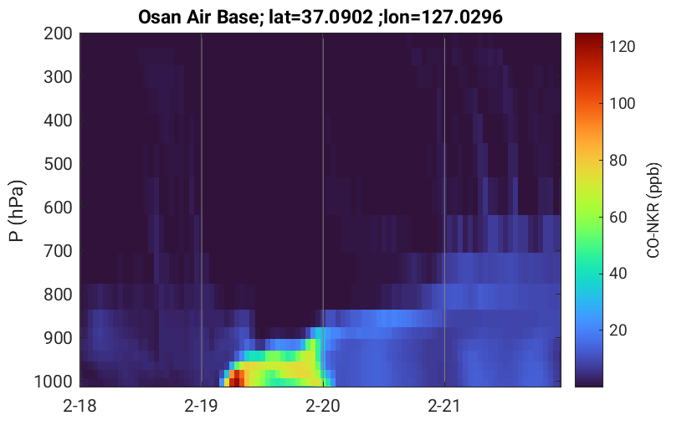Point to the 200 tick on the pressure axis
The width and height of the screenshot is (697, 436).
tap(58, 33)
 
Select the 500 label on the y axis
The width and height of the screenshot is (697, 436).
tap(58, 164)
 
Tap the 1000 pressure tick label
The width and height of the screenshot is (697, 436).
tap(53, 382)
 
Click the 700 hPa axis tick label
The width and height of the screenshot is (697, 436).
tap(58, 251)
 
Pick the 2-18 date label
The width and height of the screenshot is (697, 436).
tap(79, 406)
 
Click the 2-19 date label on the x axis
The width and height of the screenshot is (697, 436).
tap(201, 406)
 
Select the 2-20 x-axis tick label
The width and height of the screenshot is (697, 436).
tap(323, 406)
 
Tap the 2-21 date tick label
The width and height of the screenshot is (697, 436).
tap(443, 406)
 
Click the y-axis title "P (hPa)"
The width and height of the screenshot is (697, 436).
tap(17, 211)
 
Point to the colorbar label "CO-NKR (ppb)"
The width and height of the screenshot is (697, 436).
tap(653, 210)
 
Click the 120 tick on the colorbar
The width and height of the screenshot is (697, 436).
tap(623, 46)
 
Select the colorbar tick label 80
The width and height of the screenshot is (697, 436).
tap(618, 160)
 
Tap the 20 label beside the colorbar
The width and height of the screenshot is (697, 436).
tap(618, 331)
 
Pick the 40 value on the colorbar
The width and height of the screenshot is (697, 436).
tap(618, 274)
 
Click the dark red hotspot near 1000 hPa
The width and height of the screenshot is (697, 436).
tap(237, 378)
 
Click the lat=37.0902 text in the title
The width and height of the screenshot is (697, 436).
tap(321, 17)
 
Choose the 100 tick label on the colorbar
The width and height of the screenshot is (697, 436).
tap(623, 103)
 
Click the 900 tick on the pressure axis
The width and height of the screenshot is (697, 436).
tap(58, 338)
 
